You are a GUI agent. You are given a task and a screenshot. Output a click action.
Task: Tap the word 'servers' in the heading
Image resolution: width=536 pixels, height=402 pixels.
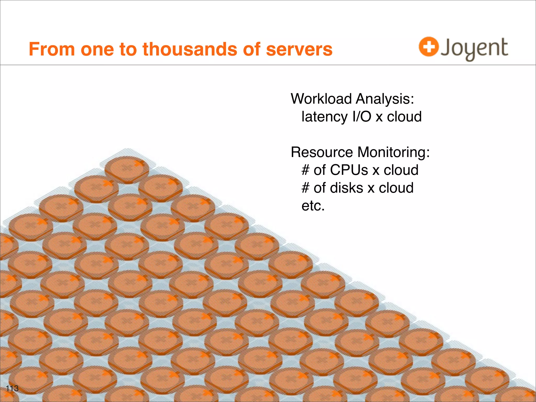click(299, 49)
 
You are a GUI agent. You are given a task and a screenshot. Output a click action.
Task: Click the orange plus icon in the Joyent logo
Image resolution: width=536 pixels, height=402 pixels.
click(428, 47)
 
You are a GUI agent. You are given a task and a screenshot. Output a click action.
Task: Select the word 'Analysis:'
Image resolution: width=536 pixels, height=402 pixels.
click(385, 99)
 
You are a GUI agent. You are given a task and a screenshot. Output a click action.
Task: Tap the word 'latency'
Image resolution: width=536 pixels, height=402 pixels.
click(325, 117)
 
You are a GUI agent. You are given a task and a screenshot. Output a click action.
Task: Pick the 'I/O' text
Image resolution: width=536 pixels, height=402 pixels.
click(362, 117)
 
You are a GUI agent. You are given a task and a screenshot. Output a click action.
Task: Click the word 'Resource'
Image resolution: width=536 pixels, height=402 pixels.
click(322, 152)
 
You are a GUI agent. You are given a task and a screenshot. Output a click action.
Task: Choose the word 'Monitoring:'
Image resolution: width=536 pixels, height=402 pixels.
click(394, 152)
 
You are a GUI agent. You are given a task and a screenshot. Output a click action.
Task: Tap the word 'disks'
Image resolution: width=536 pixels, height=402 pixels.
click(347, 188)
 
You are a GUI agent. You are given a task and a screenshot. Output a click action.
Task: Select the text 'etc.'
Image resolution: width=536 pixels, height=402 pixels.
click(313, 206)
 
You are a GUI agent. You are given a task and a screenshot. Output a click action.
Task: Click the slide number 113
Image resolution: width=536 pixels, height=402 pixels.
click(12, 388)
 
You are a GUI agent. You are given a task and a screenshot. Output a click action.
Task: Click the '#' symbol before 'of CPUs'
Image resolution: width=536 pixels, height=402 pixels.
click(305, 170)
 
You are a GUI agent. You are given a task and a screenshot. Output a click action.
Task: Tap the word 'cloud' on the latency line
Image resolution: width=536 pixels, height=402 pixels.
click(404, 117)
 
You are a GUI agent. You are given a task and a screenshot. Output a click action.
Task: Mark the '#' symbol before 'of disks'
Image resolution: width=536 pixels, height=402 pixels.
click(305, 188)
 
